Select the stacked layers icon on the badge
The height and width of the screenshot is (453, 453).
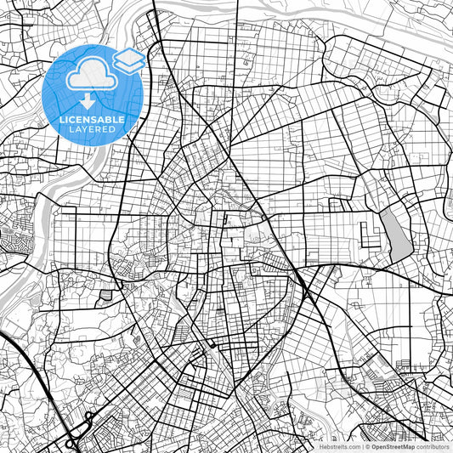coord(128,60)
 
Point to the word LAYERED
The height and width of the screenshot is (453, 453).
coord(92,131)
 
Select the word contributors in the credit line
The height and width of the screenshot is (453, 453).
coord(433,446)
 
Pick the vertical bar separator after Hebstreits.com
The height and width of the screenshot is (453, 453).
coord(360,446)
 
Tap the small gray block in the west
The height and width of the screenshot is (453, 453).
coord(105,295)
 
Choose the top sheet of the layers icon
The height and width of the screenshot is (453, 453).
coord(128,56)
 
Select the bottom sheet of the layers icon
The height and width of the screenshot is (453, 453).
coord(128,66)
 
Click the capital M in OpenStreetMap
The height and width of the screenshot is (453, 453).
coord(401,446)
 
